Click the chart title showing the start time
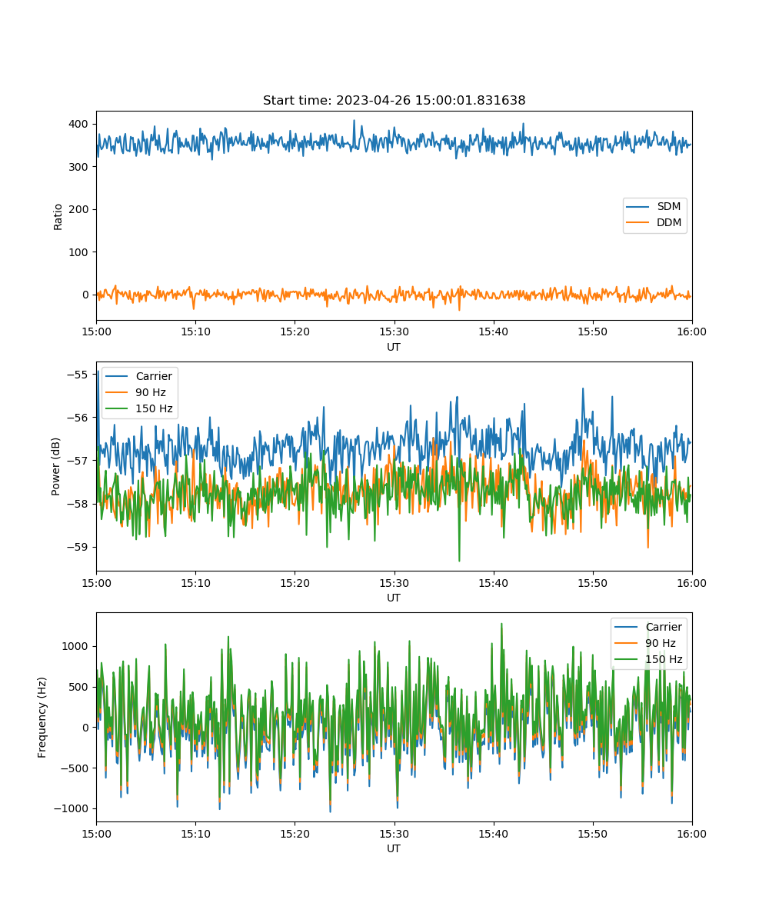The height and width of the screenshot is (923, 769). (x=394, y=100)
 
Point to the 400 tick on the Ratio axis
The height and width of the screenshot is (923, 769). (x=78, y=124)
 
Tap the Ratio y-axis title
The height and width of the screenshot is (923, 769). (x=58, y=217)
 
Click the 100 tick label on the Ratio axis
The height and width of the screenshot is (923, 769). (x=78, y=252)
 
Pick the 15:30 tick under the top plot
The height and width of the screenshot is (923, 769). (x=394, y=332)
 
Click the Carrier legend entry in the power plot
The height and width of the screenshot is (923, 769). (x=138, y=376)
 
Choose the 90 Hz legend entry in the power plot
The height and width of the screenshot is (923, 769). (x=135, y=392)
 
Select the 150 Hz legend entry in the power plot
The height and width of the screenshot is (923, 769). (x=138, y=408)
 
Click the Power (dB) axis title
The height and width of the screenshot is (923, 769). (x=55, y=466)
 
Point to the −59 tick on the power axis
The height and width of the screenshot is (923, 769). (x=78, y=547)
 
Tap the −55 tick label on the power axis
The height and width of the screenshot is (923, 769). (x=78, y=375)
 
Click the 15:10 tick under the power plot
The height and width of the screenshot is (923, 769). (x=195, y=583)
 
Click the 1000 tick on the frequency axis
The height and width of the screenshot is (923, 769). (x=75, y=646)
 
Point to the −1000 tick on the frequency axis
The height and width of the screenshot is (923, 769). (x=72, y=808)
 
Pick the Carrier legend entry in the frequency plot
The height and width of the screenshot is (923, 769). (x=648, y=627)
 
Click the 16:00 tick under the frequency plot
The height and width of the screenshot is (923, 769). (x=691, y=834)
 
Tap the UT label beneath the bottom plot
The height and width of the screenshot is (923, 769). (x=393, y=848)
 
